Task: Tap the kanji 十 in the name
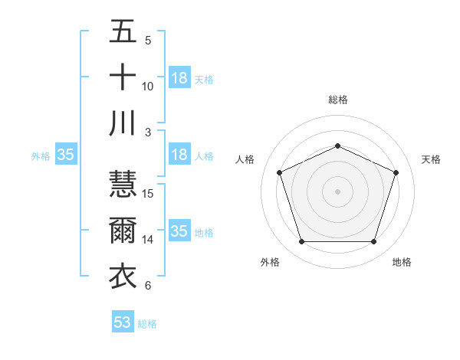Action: point(123,78)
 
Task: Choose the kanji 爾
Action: point(123,231)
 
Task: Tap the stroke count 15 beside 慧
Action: point(149,194)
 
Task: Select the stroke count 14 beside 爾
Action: point(149,240)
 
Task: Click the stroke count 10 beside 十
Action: point(149,86)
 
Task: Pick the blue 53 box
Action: point(122,322)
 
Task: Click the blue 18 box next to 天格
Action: point(179,78)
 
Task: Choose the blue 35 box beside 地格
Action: point(179,231)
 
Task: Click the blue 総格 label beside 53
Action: point(147,324)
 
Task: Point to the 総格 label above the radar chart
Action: point(337,100)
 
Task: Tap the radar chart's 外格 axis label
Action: point(270,262)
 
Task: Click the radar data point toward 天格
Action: point(396,172)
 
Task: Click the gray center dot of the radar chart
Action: point(337,191)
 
